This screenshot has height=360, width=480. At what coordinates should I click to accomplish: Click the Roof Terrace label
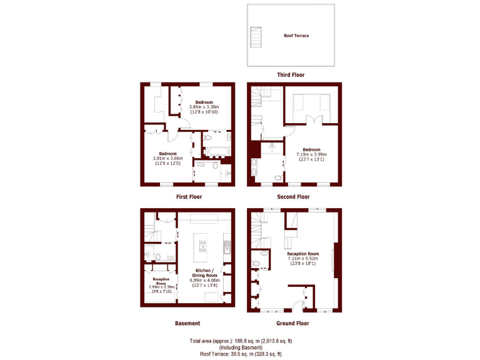[x=296, y=36]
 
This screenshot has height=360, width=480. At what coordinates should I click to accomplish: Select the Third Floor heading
[x=291, y=75]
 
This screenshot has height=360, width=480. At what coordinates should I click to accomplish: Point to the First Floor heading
[x=188, y=196]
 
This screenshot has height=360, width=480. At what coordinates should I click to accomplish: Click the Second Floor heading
[x=294, y=196]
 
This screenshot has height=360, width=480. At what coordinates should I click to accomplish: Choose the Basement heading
[x=187, y=323]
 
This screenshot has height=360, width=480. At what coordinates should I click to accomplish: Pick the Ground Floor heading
[x=292, y=323]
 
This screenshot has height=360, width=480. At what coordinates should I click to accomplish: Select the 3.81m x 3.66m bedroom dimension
[x=167, y=159]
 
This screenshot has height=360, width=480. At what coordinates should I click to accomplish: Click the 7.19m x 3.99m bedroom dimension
[x=311, y=154]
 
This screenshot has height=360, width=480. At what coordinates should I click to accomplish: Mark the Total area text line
[x=241, y=341]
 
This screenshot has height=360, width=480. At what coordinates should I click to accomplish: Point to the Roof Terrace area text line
[x=241, y=353]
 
